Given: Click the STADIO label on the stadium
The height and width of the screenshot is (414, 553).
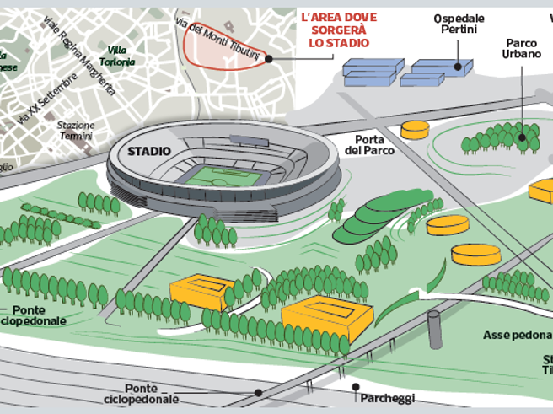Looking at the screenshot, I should (148, 152).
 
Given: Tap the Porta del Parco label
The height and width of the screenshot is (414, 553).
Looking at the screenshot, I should (366, 145).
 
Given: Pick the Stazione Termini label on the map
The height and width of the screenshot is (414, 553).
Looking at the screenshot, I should (75, 132).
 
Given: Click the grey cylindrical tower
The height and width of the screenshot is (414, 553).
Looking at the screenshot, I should (434, 330).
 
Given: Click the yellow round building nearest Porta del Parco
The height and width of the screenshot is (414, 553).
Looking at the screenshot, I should (414, 129).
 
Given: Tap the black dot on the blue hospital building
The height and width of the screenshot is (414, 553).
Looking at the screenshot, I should (458, 67).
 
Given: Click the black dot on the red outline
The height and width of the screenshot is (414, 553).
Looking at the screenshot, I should (270, 58).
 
